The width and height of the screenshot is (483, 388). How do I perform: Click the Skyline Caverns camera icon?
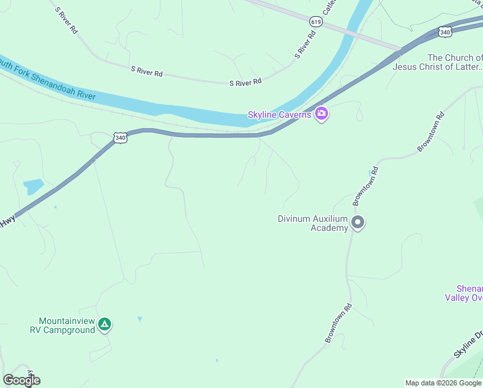coord(322,115)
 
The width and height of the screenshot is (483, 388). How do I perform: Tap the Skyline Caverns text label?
coord(280,115)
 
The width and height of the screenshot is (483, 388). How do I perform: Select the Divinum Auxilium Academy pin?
coord(358,223)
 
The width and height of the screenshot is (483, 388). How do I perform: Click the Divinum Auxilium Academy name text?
coord(313,223)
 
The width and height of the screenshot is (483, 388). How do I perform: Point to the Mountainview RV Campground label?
coord(62,325)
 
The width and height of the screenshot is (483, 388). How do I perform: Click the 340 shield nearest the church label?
coord(444,31)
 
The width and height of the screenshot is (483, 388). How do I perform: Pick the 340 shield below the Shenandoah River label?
coord(119,138)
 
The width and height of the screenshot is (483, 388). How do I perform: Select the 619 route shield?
coord(315,21)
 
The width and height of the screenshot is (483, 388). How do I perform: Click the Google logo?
coord(21,380)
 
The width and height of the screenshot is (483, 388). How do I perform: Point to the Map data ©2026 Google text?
coord(443,383)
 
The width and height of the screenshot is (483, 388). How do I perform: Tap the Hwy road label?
coord(7,221)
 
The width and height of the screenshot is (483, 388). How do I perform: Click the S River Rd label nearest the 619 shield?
coord(304,45)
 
